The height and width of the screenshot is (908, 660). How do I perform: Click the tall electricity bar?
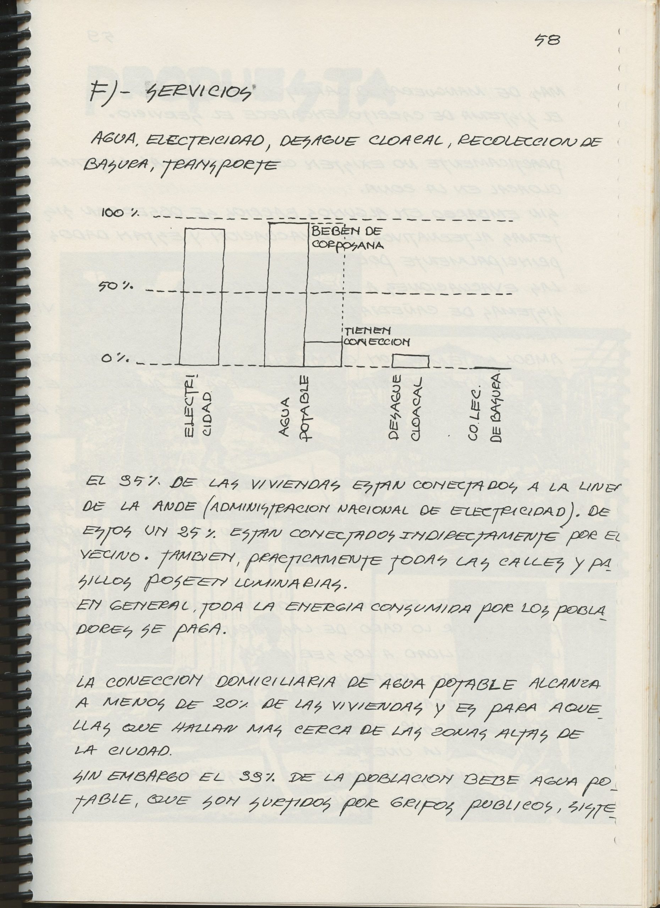202,296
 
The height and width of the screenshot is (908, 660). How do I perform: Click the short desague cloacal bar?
410,361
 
